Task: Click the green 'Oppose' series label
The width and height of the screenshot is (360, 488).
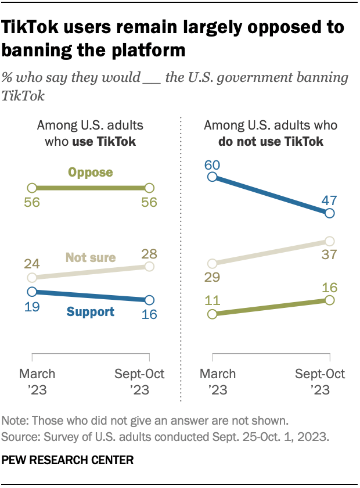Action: pos(91,173)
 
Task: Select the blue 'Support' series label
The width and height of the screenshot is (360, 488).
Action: pos(91,312)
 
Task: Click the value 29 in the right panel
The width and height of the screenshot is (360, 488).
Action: pos(212,277)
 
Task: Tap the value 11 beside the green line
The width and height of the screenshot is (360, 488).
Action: pos(212,300)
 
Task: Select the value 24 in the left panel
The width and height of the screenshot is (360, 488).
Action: pos(33,263)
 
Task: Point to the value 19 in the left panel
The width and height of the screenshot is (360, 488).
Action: pos(33,306)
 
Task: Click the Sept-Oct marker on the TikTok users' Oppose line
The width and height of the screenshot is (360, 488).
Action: pos(149,188)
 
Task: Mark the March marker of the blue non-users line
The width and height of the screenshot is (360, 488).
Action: pos(213,177)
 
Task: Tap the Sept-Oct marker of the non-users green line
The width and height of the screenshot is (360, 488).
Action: pos(329,300)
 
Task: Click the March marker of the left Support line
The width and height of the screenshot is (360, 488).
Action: pos(33,292)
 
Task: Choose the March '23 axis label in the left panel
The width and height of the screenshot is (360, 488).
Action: pos(37,381)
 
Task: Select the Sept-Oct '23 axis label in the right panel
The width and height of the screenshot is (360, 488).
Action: pos(321,381)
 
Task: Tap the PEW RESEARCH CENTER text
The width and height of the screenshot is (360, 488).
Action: pos(69,460)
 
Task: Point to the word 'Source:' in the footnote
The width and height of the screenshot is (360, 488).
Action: pos(20,433)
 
